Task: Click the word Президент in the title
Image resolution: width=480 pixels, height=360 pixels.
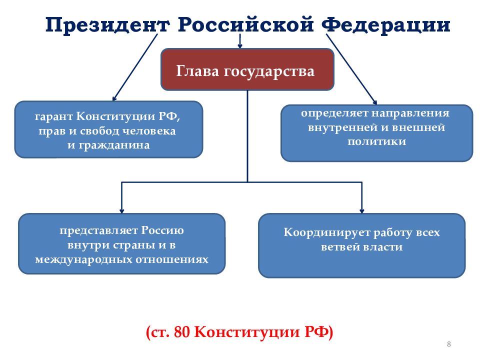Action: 108,25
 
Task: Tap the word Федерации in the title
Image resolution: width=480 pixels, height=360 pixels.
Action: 386,25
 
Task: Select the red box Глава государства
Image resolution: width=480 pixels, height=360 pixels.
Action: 247,69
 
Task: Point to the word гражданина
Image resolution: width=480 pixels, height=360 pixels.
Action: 114,145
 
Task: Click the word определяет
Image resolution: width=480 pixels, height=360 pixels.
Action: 334,113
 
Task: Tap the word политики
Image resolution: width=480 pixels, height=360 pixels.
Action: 377,141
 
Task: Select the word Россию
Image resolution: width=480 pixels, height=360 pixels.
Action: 162,230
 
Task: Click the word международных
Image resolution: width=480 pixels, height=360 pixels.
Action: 83,259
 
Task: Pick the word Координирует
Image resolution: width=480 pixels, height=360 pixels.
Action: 327,232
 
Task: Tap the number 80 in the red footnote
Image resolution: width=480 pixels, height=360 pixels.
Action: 182,332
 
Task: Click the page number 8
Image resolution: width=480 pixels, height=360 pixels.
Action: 449,344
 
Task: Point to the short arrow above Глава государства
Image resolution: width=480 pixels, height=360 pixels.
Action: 240,41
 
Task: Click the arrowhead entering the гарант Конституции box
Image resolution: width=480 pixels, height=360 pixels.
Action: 114,98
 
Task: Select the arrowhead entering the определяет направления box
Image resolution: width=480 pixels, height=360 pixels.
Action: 374,102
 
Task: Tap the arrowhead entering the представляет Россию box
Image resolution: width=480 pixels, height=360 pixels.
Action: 121,210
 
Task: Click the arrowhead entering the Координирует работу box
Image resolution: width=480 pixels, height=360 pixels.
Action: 362,210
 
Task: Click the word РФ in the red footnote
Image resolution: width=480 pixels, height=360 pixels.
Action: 316,332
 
